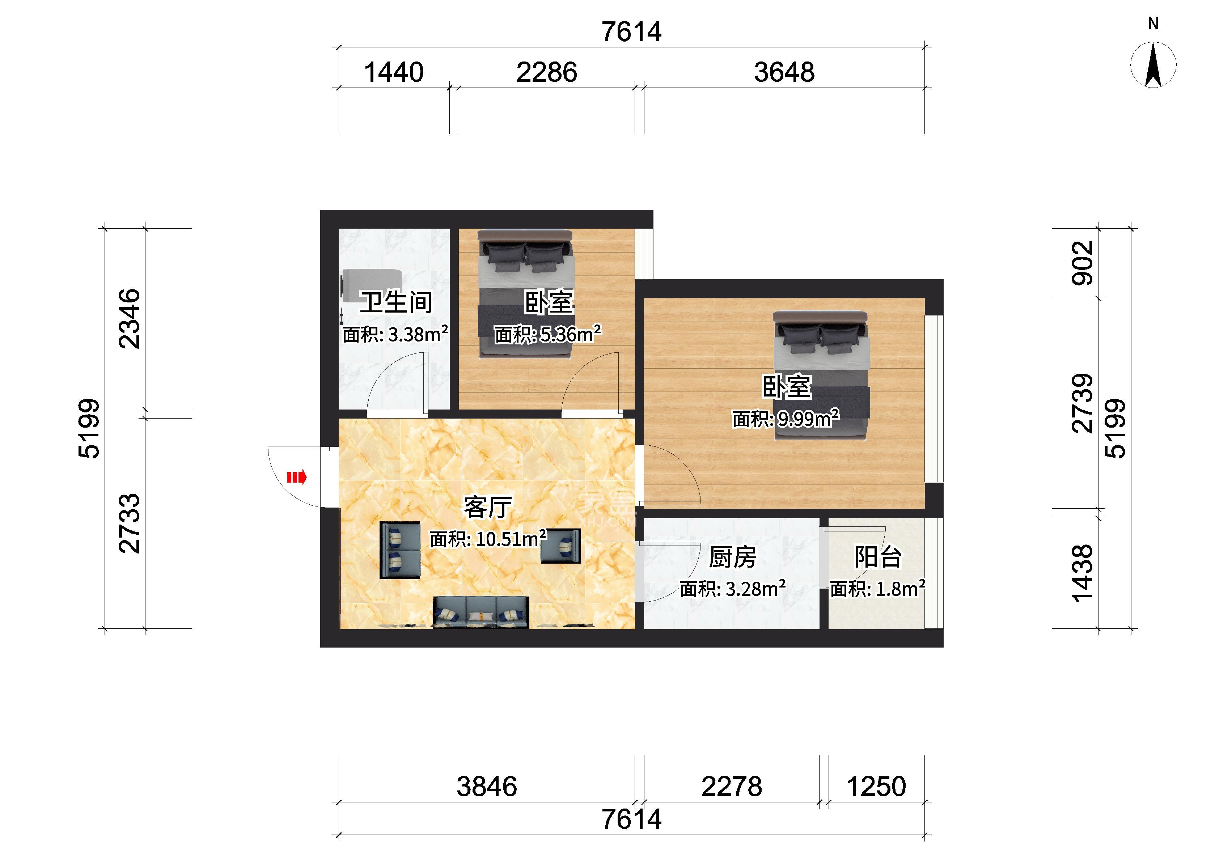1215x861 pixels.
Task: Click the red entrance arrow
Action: point(296,478)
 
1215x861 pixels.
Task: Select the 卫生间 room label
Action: point(396,302)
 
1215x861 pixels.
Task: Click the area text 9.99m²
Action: point(808,419)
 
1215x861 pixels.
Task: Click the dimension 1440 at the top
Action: point(394,72)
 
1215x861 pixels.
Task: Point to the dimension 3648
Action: point(784,72)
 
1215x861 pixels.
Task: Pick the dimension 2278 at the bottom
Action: point(732,786)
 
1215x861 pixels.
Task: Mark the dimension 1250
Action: point(876,786)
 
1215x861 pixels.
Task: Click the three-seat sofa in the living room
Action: point(481,612)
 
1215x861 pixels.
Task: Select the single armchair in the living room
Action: point(560,546)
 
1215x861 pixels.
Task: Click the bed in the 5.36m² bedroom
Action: point(525,293)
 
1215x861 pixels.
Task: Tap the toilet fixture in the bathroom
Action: point(371,285)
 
